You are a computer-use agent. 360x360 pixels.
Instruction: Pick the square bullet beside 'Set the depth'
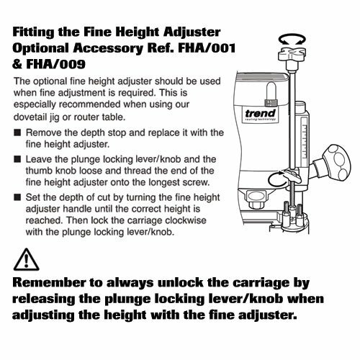pos(19,198)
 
